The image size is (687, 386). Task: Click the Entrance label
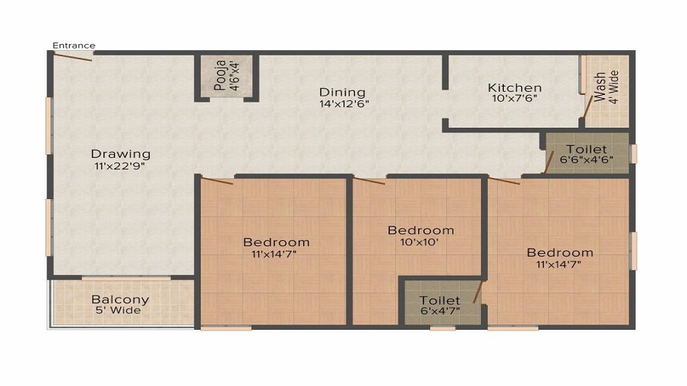tap(73, 46)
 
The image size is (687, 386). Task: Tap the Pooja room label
tap(220, 76)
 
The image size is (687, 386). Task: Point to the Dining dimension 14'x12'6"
tap(344, 105)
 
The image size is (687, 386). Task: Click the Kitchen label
tap(514, 88)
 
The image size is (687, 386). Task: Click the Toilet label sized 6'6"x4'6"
tap(587, 150)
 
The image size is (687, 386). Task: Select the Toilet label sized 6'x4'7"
tap(439, 301)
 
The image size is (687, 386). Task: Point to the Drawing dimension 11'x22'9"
tap(119, 166)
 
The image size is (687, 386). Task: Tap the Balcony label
tap(120, 299)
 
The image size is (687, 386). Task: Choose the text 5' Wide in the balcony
tap(119, 310)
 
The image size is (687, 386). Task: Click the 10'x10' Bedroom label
tap(420, 230)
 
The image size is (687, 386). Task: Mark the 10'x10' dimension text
tap(420, 242)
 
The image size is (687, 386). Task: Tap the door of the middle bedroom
tap(369, 181)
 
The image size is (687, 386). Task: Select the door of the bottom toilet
tap(478, 292)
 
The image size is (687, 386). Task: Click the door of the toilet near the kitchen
tap(549, 160)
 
